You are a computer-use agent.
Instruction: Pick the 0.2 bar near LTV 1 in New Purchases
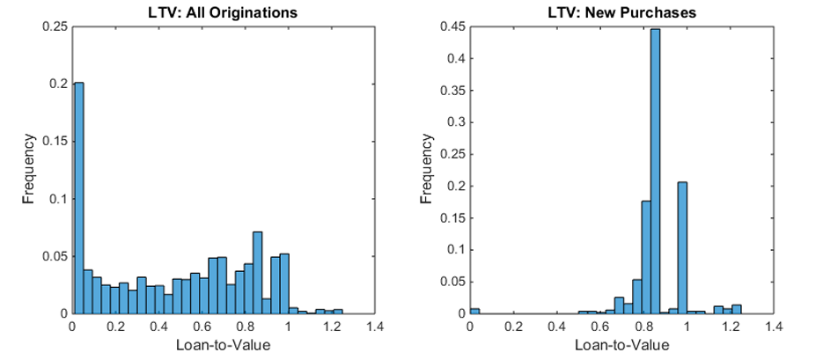681,247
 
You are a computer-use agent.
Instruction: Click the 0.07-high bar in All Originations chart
258,273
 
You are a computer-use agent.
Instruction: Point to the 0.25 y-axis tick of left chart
55,26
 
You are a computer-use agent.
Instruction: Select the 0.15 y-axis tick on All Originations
55,141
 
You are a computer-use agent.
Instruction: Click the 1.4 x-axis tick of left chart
374,327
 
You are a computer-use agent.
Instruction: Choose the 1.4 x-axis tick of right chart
774,327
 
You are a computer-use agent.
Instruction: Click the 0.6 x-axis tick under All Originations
202,327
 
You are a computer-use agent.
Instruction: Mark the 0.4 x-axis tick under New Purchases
558,327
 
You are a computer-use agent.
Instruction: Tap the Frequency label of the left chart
28,170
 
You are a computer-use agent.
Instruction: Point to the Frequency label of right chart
429,170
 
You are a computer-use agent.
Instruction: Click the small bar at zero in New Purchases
475,311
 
